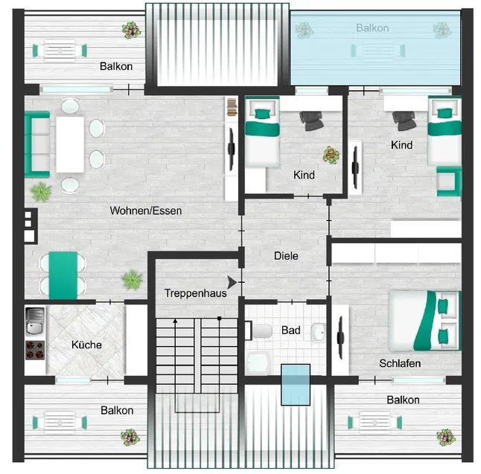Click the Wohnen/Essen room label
click(146, 211)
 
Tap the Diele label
click(286, 255)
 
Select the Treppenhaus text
click(196, 293)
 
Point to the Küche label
click(86, 345)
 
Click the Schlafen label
click(400, 363)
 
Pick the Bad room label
click(290, 330)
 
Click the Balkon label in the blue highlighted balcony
click(372, 28)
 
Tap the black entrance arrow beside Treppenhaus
click(234, 282)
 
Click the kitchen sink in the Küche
click(34, 321)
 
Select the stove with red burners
click(34, 349)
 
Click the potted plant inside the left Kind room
click(330, 155)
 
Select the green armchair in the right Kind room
click(448, 180)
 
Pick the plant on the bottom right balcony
click(446, 436)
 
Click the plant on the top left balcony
click(132, 30)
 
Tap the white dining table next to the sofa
click(69, 144)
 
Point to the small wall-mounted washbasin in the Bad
click(319, 331)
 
